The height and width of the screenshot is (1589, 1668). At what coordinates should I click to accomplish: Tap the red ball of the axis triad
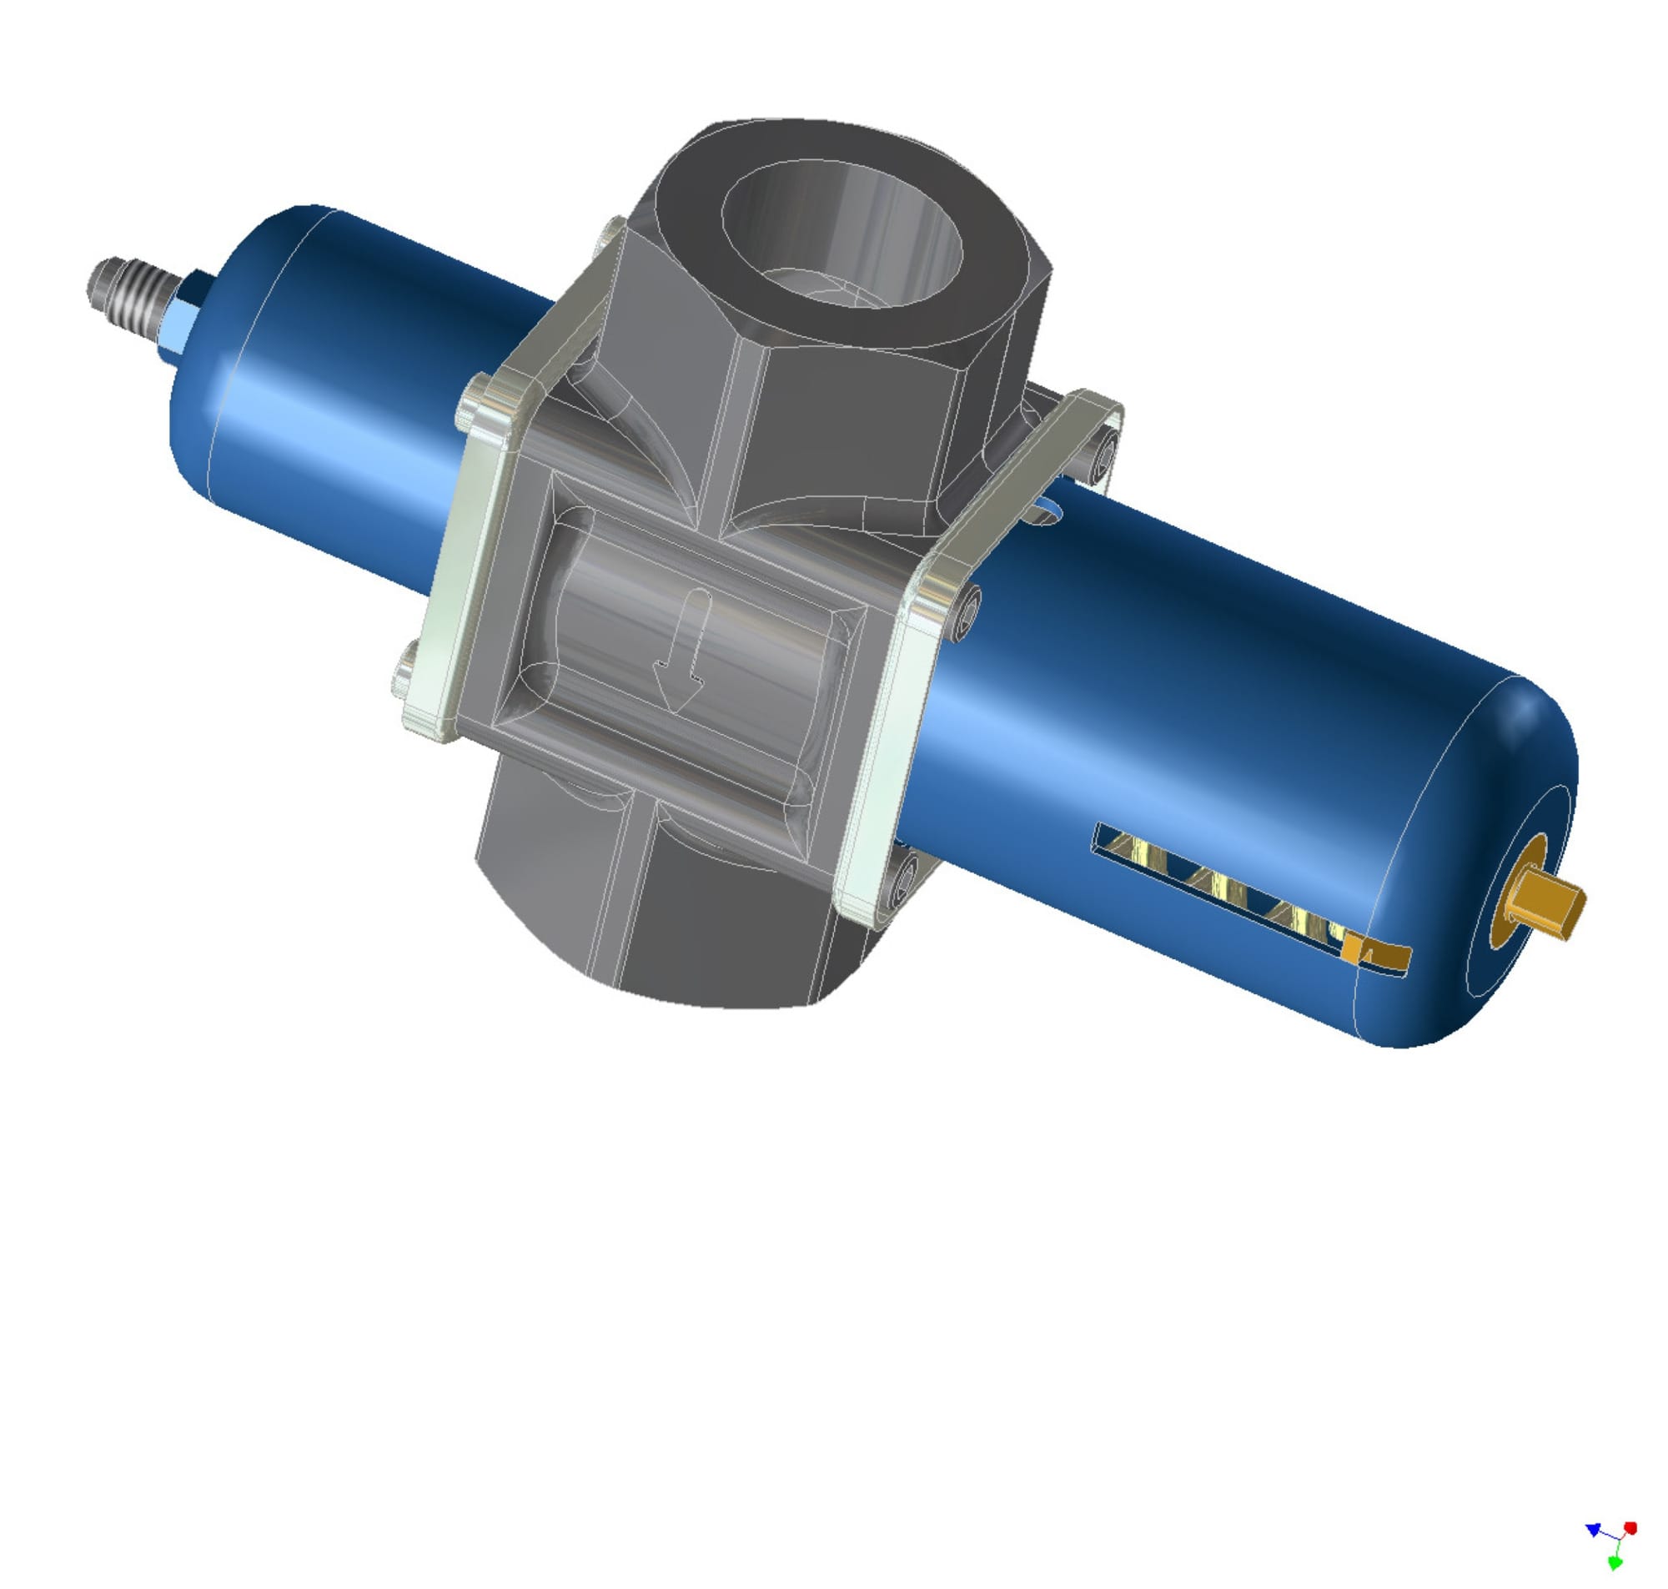[x=1630, y=1528]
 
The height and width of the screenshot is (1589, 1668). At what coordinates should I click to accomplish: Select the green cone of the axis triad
[x=1615, y=1564]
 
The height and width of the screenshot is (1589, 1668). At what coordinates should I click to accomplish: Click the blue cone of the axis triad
[x=1593, y=1530]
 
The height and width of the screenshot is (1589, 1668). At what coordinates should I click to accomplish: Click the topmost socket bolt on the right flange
[x=1105, y=458]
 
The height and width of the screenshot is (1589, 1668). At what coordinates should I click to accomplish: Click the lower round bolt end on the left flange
[x=404, y=677]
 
